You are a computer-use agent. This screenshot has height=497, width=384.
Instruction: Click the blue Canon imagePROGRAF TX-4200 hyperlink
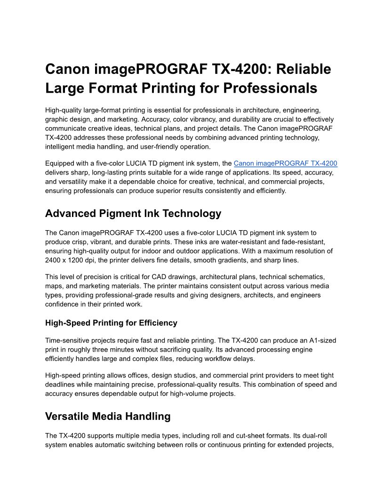pyautogui.click(x=285, y=164)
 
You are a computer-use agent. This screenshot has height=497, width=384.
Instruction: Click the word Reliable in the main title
pyautogui.click(x=303, y=69)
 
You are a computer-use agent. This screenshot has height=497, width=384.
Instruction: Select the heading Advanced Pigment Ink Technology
pyautogui.click(x=133, y=213)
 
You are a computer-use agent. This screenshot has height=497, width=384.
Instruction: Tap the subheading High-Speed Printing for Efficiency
pyautogui.click(x=111, y=323)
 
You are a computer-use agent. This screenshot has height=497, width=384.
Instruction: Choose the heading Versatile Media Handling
pyautogui.click(x=108, y=416)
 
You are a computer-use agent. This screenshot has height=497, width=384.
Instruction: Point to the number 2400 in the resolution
pyautogui.click(x=54, y=260)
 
